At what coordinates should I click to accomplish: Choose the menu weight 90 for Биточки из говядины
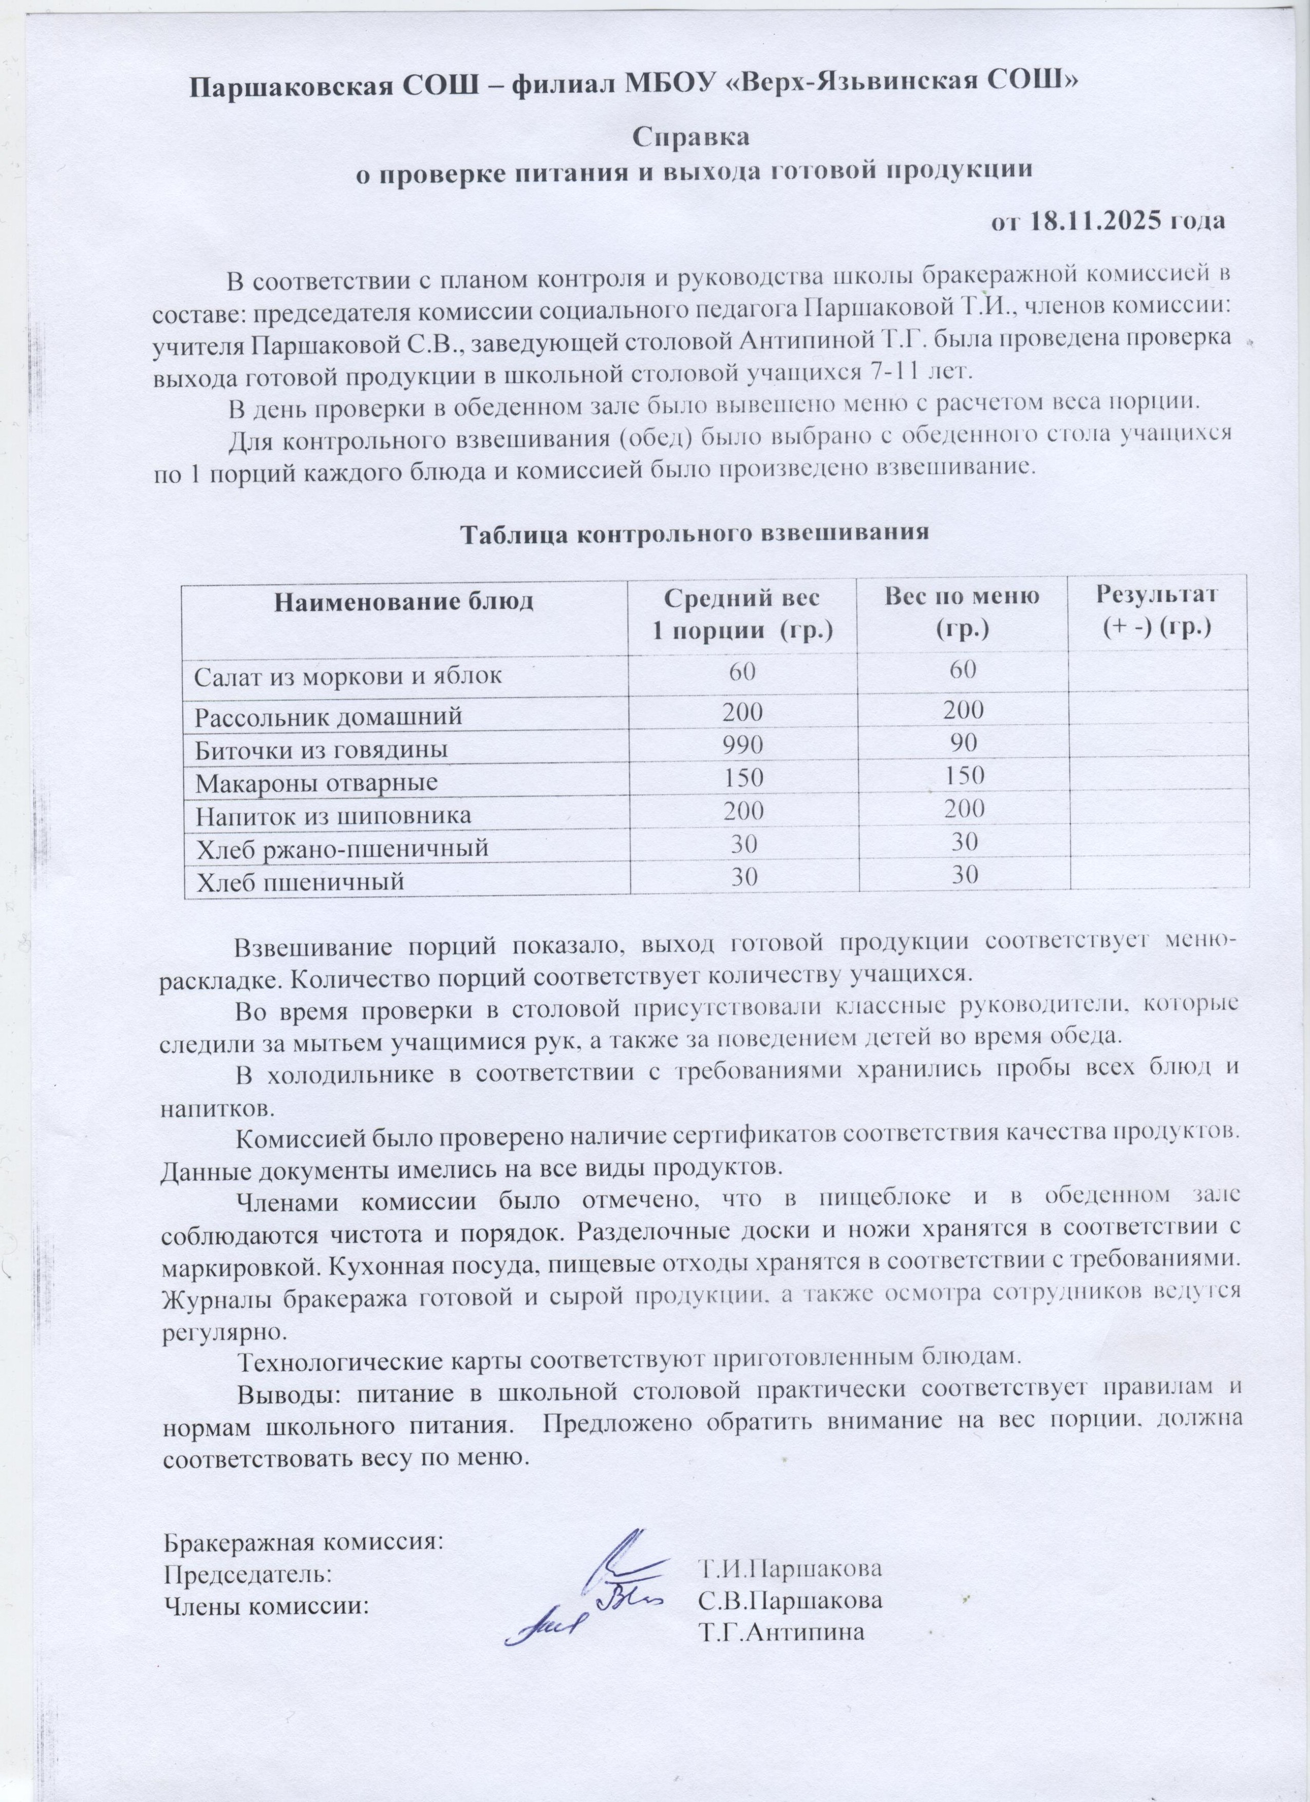pyautogui.click(x=964, y=743)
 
